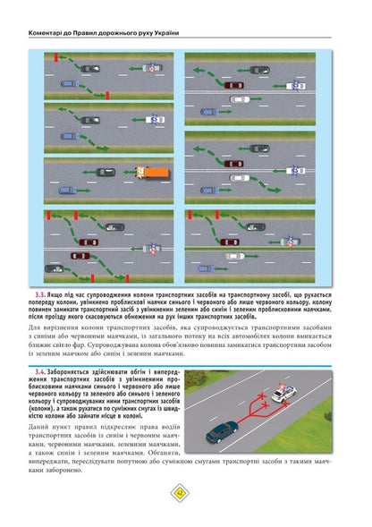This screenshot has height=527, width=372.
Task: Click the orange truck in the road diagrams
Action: (x=153, y=170)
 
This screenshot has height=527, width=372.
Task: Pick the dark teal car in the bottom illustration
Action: (x=221, y=434)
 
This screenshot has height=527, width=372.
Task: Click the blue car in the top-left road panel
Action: (x=67, y=83)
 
